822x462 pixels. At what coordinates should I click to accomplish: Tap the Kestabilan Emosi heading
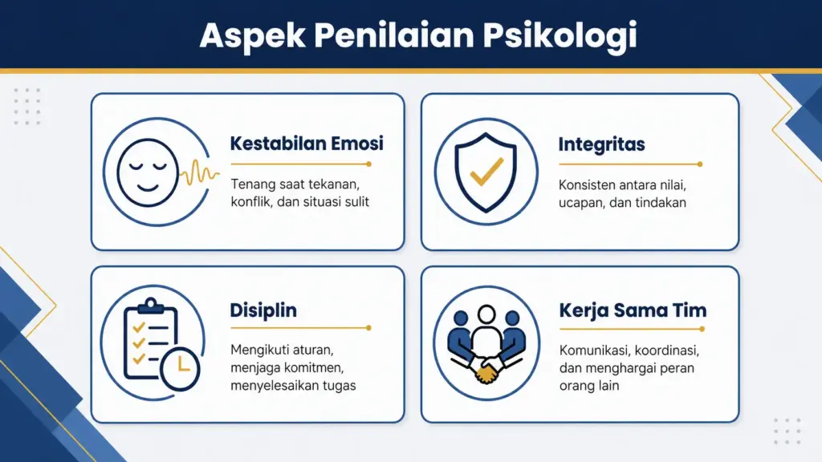(307, 144)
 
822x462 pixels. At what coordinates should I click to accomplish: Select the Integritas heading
(601, 145)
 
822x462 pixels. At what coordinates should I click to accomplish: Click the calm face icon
(147, 172)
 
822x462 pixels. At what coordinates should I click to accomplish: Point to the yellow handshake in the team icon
(486, 371)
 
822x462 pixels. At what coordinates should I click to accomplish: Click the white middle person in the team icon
(486, 333)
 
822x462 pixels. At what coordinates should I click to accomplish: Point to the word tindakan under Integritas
(660, 202)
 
